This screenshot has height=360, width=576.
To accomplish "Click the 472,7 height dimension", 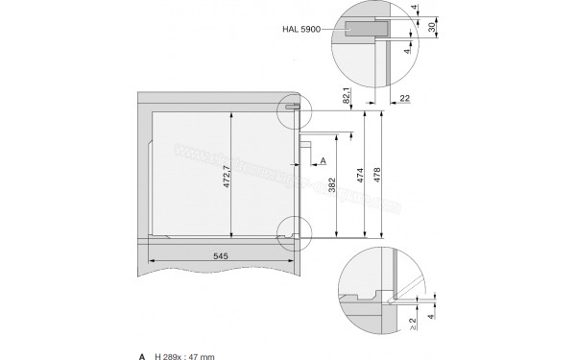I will pos(227,179).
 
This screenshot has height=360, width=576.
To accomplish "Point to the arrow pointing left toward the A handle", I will pos(312,160).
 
